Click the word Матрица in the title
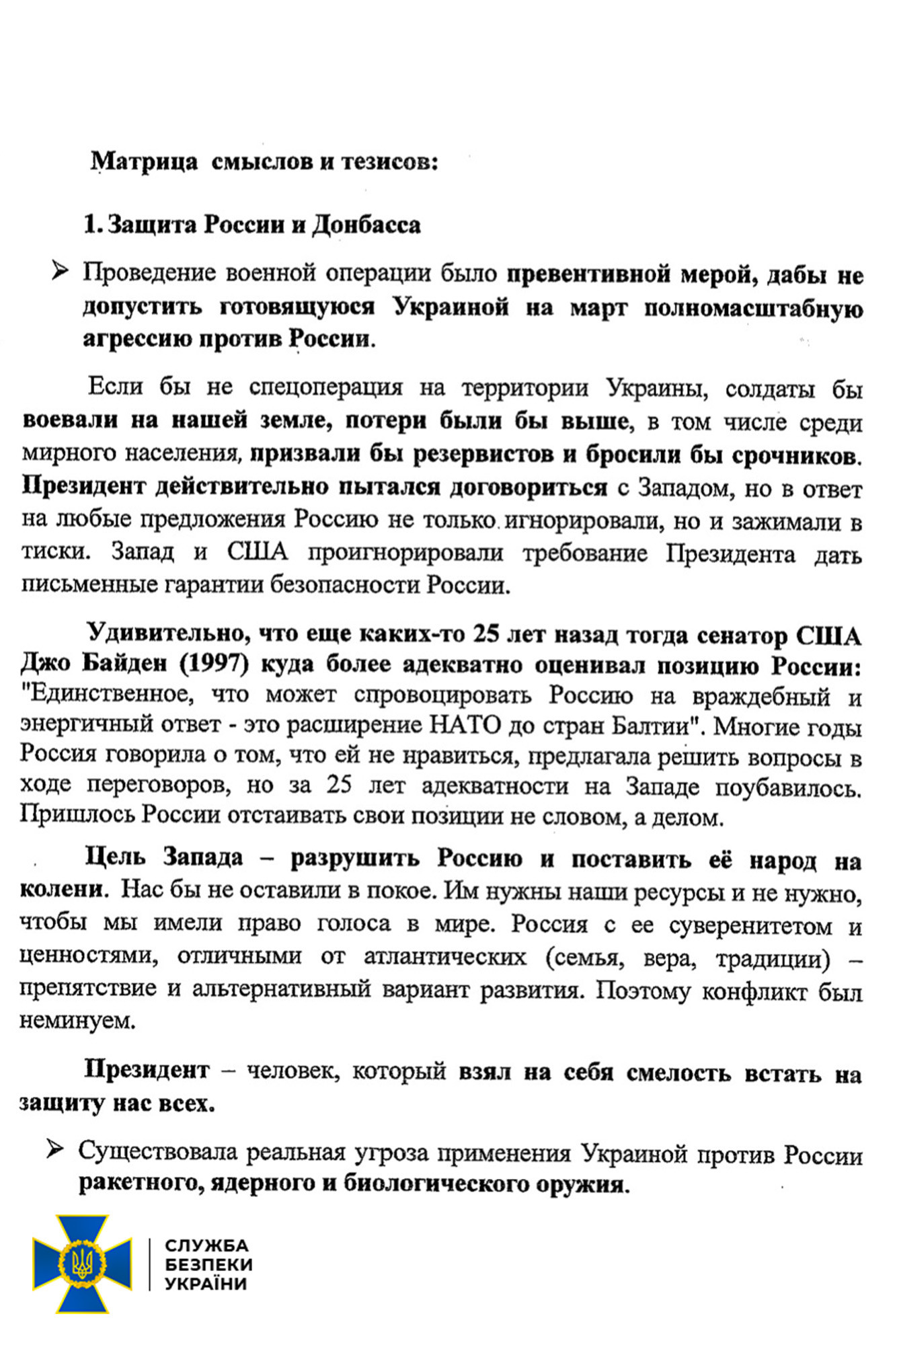[x=144, y=161]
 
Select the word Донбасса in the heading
[x=366, y=225]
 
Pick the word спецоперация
[x=325, y=387]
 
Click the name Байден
[x=124, y=664]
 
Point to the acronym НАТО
[x=465, y=725]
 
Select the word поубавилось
[x=787, y=787]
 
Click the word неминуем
[x=77, y=1021]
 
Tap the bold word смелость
[x=678, y=1073]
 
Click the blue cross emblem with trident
[x=82, y=1264]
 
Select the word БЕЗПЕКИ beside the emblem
[x=209, y=1264]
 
